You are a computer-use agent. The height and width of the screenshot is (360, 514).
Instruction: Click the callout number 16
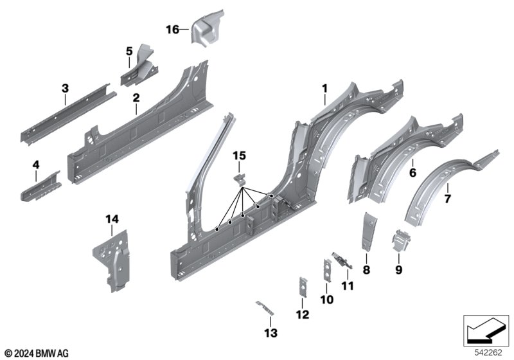coord(173,29)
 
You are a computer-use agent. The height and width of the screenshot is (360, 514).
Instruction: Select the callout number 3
coord(65,88)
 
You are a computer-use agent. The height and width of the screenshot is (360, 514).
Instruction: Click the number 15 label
coord(239,156)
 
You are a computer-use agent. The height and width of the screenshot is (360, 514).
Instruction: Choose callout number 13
coord(270,332)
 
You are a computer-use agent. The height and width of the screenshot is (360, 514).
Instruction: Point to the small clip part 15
coord(239,178)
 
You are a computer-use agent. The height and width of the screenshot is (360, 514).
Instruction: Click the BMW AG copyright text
coord(36,353)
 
